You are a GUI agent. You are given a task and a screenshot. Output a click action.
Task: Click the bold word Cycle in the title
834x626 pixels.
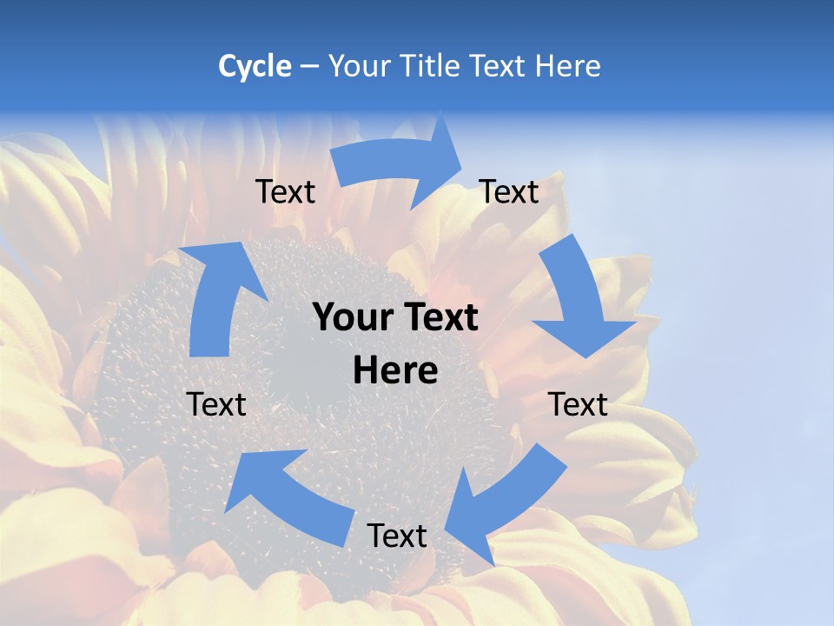click(x=255, y=66)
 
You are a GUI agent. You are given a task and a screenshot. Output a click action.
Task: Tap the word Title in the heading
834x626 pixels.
click(x=433, y=66)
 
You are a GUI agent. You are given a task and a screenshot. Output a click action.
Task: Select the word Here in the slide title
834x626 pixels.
click(x=567, y=66)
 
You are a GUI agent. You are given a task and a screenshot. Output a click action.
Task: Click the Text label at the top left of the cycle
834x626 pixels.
click(x=285, y=192)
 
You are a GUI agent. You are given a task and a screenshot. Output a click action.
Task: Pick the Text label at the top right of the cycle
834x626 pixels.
click(x=509, y=192)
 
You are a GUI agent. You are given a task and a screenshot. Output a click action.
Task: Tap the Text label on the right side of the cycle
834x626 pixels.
click(x=578, y=404)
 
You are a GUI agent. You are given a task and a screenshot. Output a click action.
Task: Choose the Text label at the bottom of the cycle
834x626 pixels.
click(x=397, y=536)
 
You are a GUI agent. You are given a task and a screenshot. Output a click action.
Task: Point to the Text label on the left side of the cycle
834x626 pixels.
click(x=216, y=404)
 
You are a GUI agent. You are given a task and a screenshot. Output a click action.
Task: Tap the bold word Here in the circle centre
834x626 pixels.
click(x=395, y=370)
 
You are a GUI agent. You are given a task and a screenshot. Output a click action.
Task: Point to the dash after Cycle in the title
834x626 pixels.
click(x=309, y=67)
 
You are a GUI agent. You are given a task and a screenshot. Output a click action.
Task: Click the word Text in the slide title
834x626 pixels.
click(x=500, y=66)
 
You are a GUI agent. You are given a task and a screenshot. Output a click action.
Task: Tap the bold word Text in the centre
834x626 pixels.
click(x=439, y=318)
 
